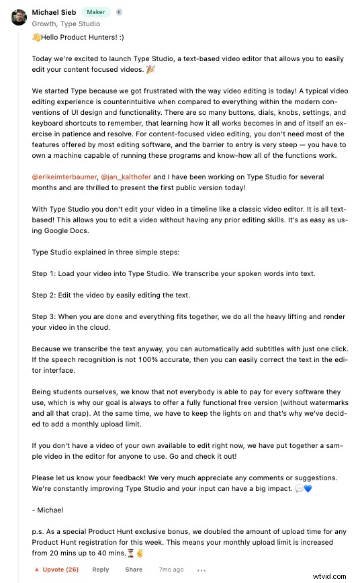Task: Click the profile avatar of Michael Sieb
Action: click(18, 17)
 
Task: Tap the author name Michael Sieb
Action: click(54, 12)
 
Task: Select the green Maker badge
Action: click(96, 12)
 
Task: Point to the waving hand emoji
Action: click(36, 38)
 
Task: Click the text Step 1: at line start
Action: click(44, 273)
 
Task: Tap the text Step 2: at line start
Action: click(44, 295)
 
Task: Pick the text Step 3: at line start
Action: click(44, 316)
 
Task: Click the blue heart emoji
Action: click(308, 488)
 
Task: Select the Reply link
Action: click(101, 570)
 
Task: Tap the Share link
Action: click(134, 570)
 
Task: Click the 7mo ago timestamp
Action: click(171, 570)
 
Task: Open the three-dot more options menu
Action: click(201, 570)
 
